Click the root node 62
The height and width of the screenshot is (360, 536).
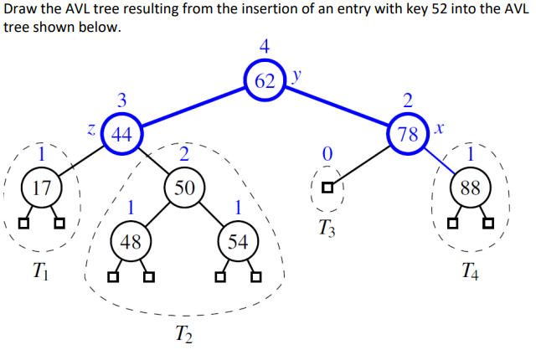[x=264, y=80]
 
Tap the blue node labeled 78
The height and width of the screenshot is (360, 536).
[x=407, y=134]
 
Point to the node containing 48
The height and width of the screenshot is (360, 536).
[x=129, y=242]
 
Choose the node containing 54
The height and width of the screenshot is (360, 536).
[x=238, y=242]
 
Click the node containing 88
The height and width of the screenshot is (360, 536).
[x=469, y=187]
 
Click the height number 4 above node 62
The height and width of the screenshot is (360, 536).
[x=265, y=47]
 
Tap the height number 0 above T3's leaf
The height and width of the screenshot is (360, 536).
[x=327, y=155]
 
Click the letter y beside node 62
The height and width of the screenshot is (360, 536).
[x=295, y=75]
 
